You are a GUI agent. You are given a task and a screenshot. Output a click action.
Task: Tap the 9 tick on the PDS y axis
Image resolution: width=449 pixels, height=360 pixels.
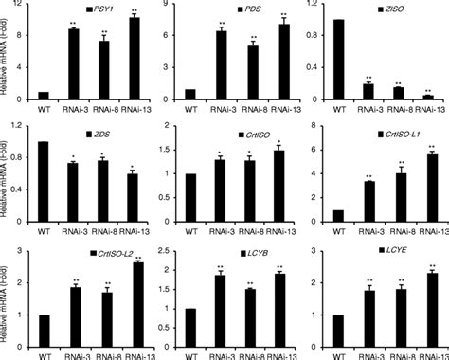pyautogui.click(x=171, y=8)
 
